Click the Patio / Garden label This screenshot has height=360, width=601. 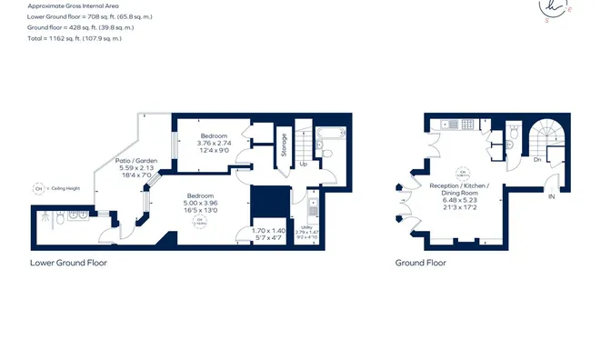(136, 161)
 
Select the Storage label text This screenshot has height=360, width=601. (284, 145)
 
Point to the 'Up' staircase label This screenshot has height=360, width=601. (303, 165)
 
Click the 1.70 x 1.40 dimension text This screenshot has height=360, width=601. (268, 231)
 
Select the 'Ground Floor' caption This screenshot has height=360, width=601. (420, 263)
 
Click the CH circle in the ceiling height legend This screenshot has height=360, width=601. (39, 189)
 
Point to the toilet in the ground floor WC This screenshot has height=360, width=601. (515, 134)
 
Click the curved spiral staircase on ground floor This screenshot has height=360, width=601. (549, 136)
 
